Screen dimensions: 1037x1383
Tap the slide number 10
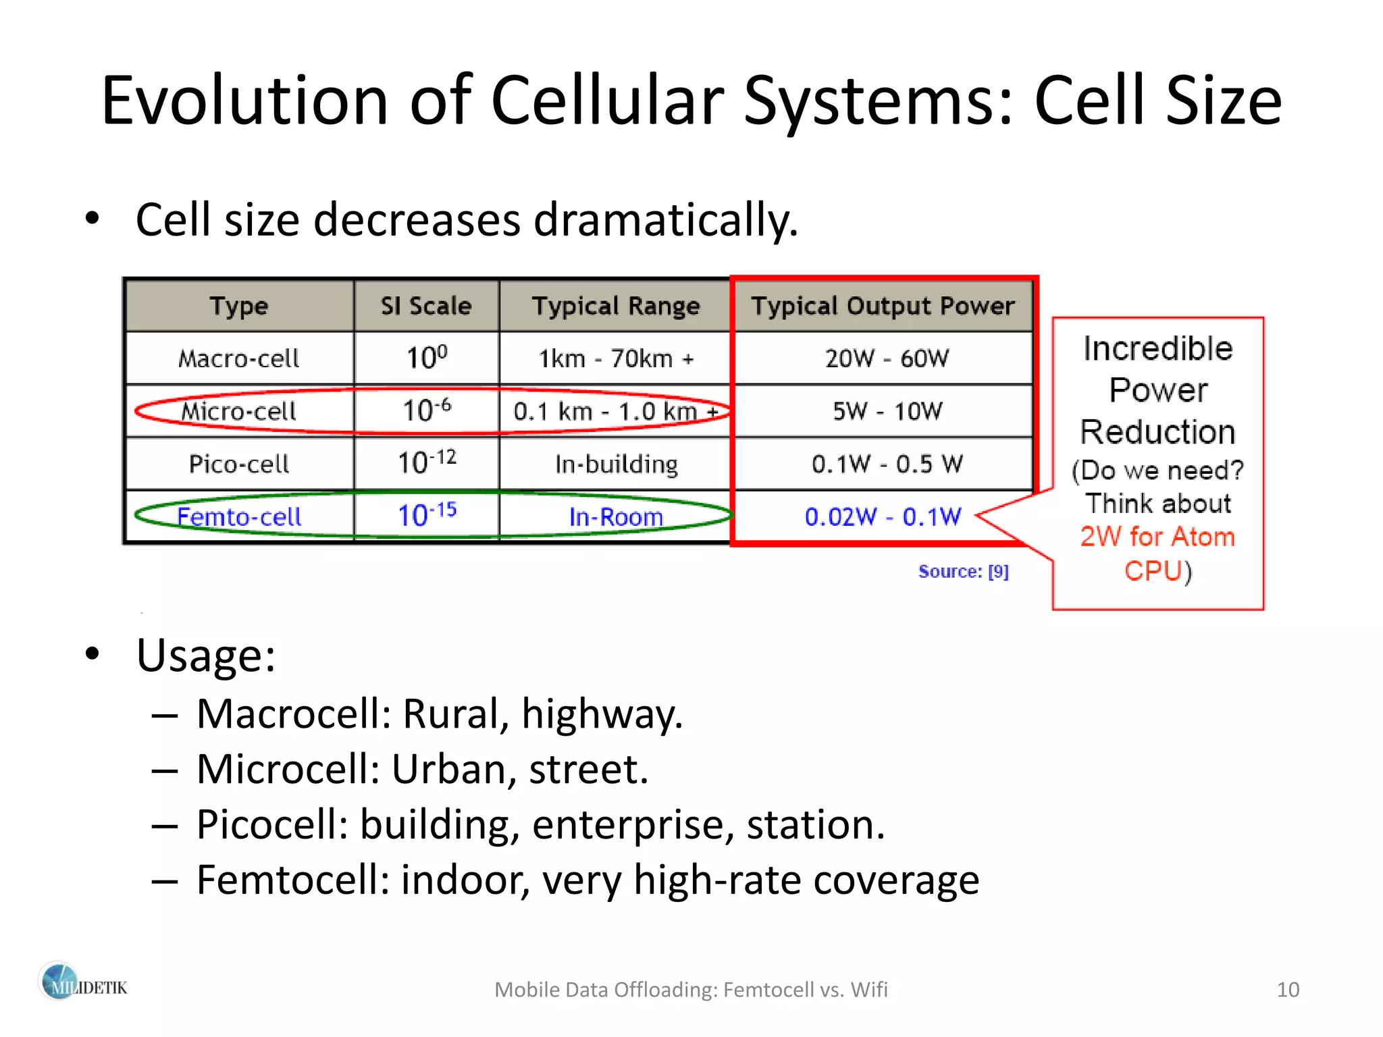(1287, 990)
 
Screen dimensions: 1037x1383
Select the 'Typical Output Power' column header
(883, 306)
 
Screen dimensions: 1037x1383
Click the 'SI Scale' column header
(426, 306)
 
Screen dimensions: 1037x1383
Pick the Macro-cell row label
(238, 358)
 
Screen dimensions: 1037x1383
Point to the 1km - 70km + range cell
(615, 358)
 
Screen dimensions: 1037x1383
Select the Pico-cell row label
(238, 464)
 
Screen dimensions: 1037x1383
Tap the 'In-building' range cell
(616, 464)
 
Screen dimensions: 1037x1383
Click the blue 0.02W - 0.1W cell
(882, 516)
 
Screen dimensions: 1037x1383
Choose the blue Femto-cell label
(238, 516)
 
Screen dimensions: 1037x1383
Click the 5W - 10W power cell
(887, 410)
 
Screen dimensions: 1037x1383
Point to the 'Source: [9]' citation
(963, 572)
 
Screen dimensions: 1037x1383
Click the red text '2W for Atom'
(1157, 537)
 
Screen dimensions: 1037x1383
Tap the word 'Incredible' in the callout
(1157, 349)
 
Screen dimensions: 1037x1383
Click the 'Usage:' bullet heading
(205, 656)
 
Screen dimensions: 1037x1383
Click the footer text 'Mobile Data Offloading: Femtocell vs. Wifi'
(691, 990)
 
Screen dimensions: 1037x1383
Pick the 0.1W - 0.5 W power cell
(887, 464)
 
